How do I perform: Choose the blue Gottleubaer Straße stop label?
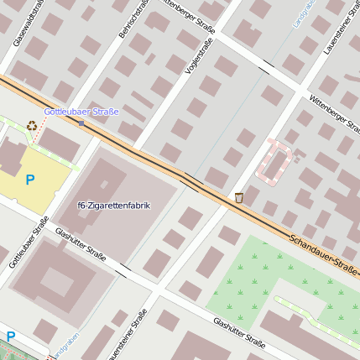click(81, 111)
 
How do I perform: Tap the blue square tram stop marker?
click(81, 123)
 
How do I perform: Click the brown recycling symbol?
click(32, 126)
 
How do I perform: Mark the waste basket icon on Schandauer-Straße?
click(239, 197)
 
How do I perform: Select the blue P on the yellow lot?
click(30, 179)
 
